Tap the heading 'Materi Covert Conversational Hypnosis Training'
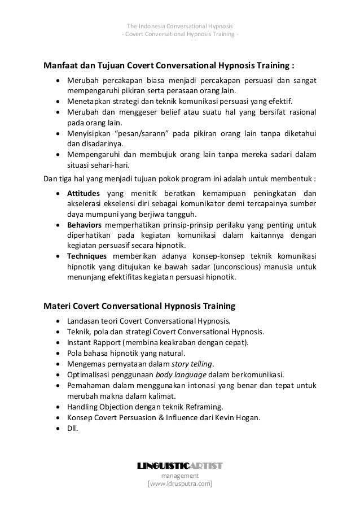click(x=139, y=307)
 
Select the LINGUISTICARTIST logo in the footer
click(x=180, y=466)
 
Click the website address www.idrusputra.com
click(x=180, y=484)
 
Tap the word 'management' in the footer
click(x=180, y=476)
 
